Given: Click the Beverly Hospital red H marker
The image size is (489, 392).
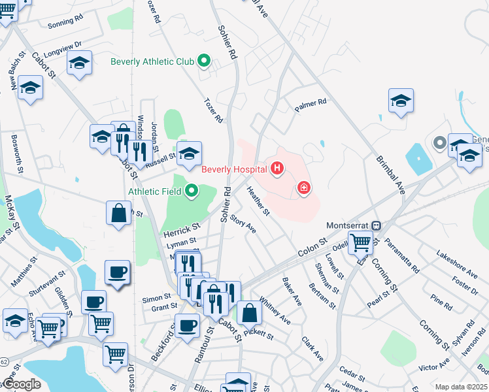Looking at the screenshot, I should (277, 169).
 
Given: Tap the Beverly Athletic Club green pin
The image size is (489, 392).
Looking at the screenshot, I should (203, 61).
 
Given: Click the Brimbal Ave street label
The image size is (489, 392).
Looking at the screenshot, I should (390, 174).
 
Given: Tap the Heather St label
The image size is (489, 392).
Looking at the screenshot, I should (258, 201).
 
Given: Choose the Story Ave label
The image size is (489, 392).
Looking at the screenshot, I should (243, 225).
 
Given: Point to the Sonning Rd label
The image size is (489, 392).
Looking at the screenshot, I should (65, 23).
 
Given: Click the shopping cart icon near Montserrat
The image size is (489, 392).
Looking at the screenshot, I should (360, 243).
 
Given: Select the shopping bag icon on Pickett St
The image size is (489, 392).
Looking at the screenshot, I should (249, 313).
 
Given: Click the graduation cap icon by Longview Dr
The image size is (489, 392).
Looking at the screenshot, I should (79, 63).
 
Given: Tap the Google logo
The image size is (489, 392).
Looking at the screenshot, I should (23, 384).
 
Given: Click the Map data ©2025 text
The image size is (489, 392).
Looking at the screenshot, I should (461, 387).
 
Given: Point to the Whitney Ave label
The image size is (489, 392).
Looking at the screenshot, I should (275, 311).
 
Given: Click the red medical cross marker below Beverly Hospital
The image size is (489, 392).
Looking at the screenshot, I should (303, 188).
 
